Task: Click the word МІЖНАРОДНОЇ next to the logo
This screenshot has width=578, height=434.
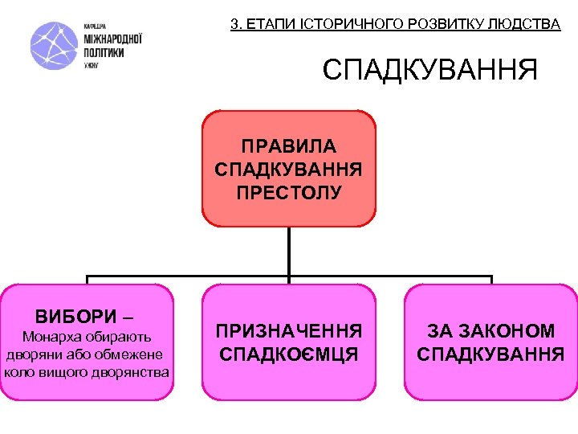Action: click(x=113, y=39)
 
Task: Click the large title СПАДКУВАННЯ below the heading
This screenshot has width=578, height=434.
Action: click(x=430, y=71)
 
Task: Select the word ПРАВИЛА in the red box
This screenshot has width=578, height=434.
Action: click(x=289, y=147)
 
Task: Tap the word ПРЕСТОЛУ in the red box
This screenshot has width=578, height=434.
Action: click(x=289, y=193)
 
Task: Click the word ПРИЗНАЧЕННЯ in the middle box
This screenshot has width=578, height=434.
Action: click(x=289, y=331)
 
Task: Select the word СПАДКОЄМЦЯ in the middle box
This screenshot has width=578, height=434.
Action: click(x=289, y=354)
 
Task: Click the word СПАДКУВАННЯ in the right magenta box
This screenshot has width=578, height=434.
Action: click(x=490, y=354)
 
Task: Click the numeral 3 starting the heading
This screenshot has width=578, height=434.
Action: click(x=234, y=24)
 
